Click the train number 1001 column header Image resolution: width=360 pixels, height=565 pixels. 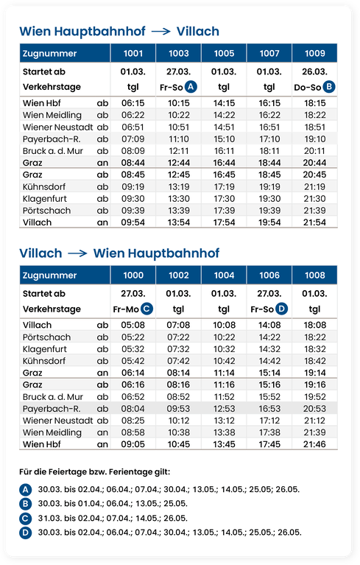point(133,53)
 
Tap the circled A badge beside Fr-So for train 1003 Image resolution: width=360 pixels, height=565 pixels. point(191,86)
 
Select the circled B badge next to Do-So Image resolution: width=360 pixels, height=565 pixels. point(329,86)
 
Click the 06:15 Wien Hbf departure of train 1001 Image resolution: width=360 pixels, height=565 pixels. point(133,103)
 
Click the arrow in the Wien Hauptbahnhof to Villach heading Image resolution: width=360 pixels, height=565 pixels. point(160,32)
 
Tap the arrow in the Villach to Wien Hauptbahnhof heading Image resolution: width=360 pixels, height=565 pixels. point(77,253)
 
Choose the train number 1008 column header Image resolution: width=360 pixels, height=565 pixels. point(314,275)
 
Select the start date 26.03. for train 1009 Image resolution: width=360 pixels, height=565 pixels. point(314,71)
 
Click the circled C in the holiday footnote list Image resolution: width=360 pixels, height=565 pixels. point(26,517)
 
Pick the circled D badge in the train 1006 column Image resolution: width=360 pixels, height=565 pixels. point(282,309)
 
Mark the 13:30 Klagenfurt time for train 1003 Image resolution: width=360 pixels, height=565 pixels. point(179,199)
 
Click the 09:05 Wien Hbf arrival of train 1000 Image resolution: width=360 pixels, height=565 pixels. point(133,444)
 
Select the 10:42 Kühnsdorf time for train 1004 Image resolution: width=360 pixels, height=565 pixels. point(224,361)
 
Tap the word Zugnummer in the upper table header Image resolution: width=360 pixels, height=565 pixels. point(49,53)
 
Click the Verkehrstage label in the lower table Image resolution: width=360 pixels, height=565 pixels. point(52,309)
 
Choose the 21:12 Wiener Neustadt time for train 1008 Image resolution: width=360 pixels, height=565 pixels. point(314,421)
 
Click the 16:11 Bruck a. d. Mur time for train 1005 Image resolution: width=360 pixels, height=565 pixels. point(224,150)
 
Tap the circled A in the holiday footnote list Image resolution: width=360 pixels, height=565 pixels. point(26,489)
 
